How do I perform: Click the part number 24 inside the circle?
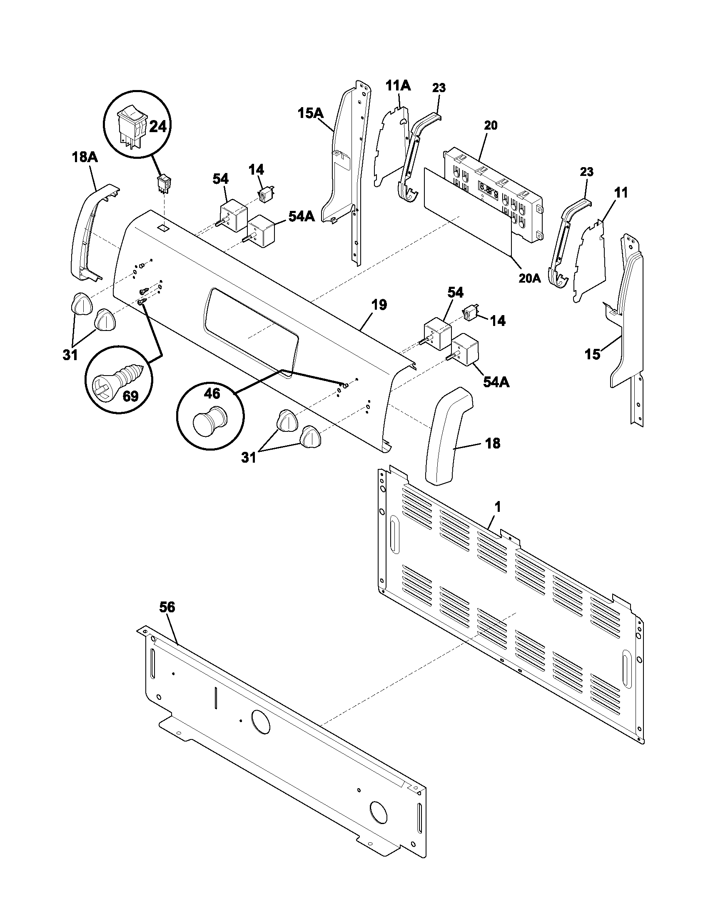tap(158, 126)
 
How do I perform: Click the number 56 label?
tap(167, 607)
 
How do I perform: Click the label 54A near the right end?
tap(496, 382)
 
